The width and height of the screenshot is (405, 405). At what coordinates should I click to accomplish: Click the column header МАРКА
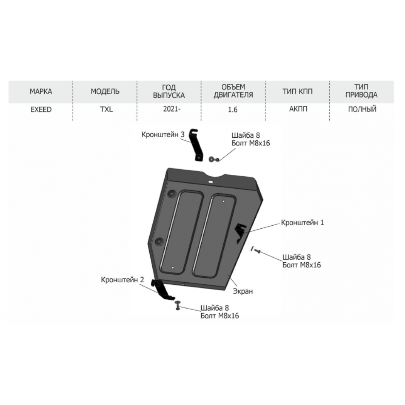[41, 91]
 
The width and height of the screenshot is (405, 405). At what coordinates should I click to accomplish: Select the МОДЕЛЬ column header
[105, 91]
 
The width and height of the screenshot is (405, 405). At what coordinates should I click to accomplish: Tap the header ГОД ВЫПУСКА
[169, 91]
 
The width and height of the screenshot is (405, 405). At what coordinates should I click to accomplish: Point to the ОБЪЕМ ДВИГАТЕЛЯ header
[233, 91]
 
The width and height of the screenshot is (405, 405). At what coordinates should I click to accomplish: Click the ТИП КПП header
[297, 91]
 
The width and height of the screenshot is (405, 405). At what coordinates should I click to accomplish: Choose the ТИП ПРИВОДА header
[361, 91]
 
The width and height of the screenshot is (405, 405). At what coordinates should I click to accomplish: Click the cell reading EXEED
[41, 110]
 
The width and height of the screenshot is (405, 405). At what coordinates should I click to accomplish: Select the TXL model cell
[106, 109]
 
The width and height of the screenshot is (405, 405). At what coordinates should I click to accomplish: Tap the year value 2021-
[172, 109]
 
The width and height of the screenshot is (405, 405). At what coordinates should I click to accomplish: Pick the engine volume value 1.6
[233, 110]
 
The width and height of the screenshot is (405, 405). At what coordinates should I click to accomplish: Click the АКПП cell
[298, 109]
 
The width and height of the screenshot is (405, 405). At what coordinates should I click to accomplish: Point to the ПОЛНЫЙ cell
[362, 109]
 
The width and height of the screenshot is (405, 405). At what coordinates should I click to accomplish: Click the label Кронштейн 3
[163, 135]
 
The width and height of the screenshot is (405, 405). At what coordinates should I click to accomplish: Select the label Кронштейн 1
[302, 223]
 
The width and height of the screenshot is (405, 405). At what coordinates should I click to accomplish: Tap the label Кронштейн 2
[122, 280]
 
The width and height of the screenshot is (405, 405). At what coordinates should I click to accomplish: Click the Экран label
[243, 291]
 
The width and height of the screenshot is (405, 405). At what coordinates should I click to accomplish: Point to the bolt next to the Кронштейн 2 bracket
[177, 305]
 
